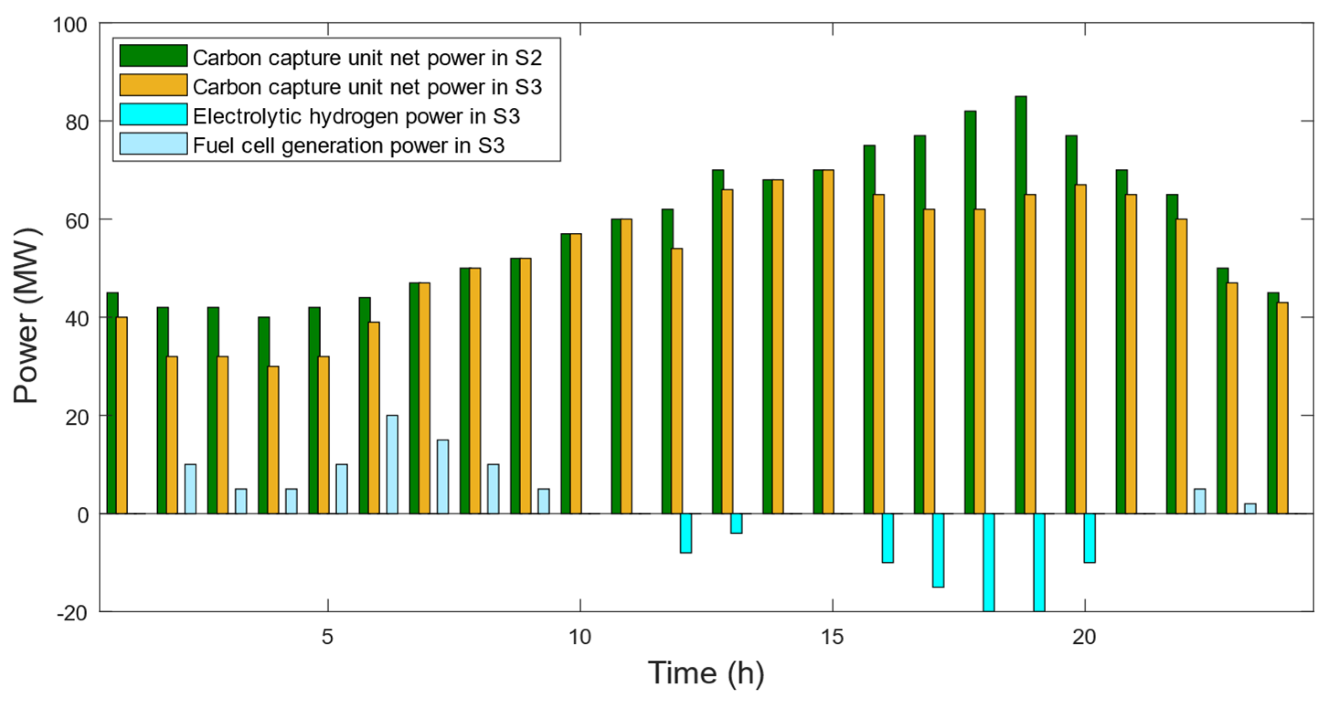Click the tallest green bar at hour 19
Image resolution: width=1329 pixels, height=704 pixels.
coord(1021,305)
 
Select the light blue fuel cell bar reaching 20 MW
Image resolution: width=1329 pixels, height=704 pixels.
coord(392,464)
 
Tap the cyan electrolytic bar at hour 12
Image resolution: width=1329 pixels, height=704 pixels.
coord(686,533)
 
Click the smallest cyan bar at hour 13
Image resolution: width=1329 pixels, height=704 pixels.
coord(736,523)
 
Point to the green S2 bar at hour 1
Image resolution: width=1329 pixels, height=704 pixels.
coord(112,402)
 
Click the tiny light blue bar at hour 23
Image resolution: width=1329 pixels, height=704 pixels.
coord(1250,508)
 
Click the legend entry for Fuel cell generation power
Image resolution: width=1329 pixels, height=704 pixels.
coord(348,146)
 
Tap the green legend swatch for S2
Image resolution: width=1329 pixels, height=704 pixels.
coord(153,56)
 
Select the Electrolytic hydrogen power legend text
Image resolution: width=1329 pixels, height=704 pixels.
coord(356,116)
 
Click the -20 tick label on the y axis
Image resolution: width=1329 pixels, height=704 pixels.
coord(72,613)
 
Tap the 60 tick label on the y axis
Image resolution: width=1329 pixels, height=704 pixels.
coord(76,221)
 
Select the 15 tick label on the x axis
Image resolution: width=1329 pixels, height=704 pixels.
coord(832,637)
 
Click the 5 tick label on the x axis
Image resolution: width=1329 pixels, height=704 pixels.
coord(328,637)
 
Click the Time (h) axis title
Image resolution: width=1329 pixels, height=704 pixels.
coord(706,673)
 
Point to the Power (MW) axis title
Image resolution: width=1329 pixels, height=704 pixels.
coord(26,315)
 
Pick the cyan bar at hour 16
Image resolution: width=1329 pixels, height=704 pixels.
coord(887,537)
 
